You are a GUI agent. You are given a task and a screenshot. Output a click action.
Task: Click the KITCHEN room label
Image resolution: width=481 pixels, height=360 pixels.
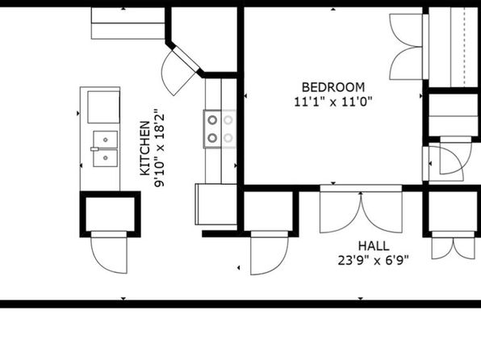click(144, 149)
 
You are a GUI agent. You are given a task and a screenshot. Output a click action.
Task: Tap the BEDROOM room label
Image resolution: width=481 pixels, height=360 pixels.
click(333, 87)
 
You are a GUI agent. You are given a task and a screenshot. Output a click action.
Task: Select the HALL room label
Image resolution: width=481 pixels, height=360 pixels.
click(374, 246)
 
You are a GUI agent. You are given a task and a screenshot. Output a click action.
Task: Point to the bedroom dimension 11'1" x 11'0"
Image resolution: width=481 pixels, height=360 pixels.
click(333, 101)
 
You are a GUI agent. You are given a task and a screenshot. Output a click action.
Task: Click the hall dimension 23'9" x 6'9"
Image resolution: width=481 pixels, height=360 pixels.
click(374, 261)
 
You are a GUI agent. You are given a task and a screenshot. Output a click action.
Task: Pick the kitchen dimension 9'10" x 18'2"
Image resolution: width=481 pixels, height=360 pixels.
click(160, 148)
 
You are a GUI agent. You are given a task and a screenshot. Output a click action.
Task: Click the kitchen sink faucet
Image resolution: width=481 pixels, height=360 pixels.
click(94, 149)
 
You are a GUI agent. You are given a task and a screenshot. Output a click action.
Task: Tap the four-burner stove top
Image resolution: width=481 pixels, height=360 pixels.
click(220, 129)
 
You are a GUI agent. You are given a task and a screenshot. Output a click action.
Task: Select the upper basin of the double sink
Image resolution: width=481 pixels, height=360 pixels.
click(105, 140)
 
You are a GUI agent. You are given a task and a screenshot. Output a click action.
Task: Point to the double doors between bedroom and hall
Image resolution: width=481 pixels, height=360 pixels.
click(361, 209)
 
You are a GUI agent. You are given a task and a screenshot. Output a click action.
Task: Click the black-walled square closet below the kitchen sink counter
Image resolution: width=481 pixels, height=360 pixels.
click(110, 214)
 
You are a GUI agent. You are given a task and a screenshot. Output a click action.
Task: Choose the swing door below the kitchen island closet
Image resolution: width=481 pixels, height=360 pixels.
click(109, 253)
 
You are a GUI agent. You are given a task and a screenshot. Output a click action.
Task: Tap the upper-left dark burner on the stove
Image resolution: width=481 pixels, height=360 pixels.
click(212, 120)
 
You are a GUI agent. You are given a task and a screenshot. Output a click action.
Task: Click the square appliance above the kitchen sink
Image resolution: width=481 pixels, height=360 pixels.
click(103, 107)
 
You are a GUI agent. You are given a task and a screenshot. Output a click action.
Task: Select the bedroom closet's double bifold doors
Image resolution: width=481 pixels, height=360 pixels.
click(406, 47)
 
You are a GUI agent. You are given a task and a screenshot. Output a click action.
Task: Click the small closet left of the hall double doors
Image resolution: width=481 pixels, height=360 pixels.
click(270, 211)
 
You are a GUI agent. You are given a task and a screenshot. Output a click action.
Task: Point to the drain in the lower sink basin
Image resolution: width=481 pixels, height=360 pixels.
click(105, 158)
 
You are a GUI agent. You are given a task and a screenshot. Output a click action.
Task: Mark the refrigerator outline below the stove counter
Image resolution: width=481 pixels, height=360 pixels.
click(215, 204)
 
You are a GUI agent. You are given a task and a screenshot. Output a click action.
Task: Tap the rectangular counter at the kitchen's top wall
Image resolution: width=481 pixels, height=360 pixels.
click(128, 23)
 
